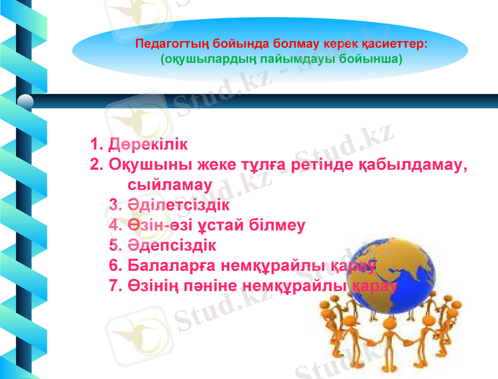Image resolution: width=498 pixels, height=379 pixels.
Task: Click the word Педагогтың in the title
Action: click(x=166, y=45)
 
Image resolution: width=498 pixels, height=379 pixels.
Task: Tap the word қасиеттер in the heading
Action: click(x=395, y=45)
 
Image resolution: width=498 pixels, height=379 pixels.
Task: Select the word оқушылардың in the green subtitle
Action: click(x=202, y=59)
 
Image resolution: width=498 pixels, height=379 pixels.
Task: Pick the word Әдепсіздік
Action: click(x=171, y=245)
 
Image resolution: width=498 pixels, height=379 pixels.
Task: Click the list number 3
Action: click(x=114, y=205)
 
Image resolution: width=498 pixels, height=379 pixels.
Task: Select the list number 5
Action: click(x=114, y=245)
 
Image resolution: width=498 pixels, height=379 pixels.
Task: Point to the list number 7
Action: click(x=114, y=286)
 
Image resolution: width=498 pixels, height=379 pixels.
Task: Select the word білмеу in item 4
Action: click(x=282, y=226)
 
